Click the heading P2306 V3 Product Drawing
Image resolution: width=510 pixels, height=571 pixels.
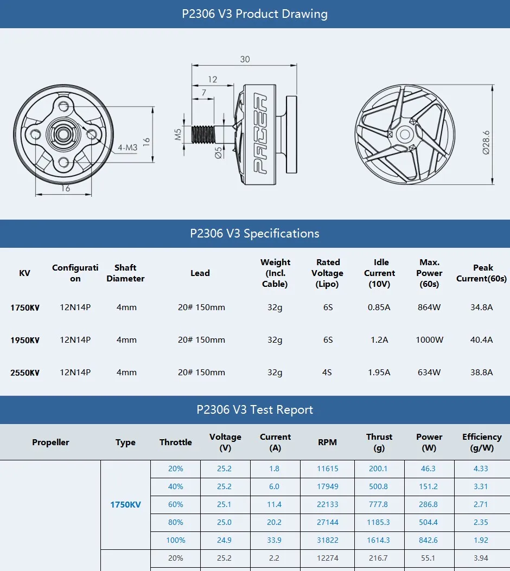click(254, 14)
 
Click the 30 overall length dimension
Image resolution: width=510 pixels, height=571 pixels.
click(245, 59)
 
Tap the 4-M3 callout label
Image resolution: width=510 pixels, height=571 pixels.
click(127, 147)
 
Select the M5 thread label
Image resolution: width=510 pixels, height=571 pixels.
click(177, 134)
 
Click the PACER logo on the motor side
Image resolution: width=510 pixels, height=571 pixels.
click(261, 133)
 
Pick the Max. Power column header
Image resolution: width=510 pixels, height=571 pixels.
click(429, 273)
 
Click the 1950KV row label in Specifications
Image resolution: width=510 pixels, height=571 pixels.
click(25, 340)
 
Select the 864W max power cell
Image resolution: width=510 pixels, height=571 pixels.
click(429, 307)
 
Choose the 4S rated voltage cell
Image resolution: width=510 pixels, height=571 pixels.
click(328, 373)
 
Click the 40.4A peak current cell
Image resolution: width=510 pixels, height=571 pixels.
click(482, 340)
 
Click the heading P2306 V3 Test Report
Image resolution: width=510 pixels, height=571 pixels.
click(254, 410)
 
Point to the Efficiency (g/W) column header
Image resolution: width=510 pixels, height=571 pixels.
click(481, 442)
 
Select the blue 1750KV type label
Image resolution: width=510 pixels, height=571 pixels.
click(125, 504)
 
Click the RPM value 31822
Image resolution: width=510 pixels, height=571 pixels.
click(328, 540)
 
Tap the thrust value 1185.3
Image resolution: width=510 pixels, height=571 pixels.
click(379, 522)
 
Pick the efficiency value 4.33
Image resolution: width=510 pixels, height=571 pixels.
click(481, 469)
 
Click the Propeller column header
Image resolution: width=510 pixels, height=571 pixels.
click(50, 442)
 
